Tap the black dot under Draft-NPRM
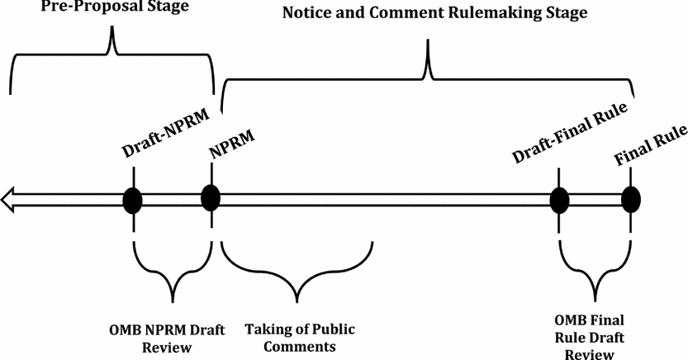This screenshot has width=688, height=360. point(133,199)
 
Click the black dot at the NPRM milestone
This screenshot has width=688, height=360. point(211,198)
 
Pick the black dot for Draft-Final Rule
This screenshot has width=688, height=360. point(559,199)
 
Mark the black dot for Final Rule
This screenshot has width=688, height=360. point(631,199)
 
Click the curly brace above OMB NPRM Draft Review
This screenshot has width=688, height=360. point(172,277)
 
